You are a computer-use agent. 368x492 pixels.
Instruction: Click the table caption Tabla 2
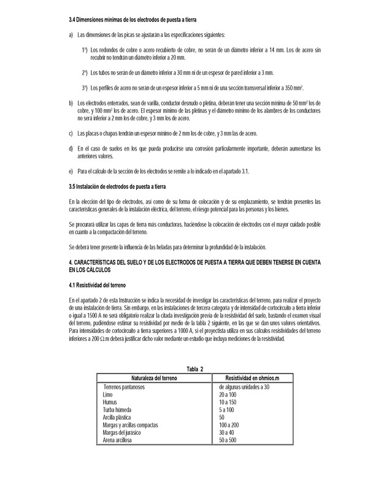[194, 368]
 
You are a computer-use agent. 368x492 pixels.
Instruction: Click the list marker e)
[72, 169]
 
